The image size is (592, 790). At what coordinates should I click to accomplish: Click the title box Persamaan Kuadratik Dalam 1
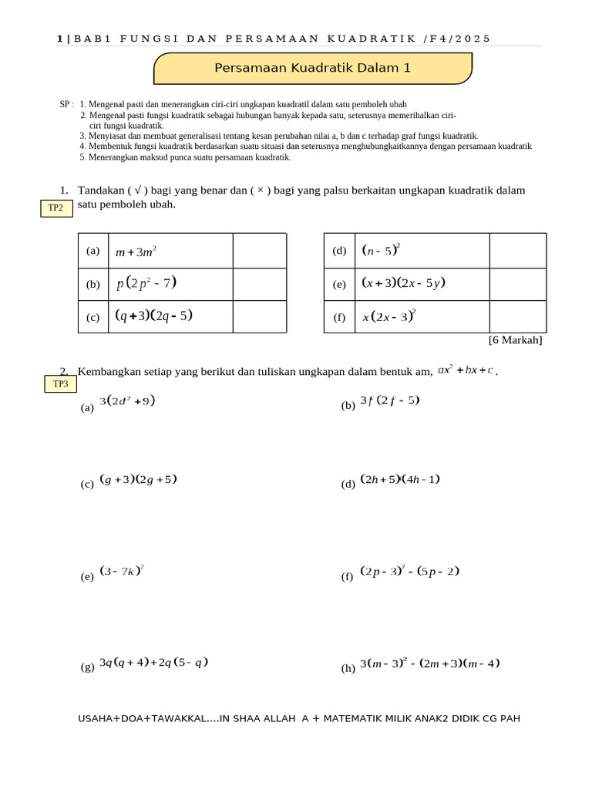312,69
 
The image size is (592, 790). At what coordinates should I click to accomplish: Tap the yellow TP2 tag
55,208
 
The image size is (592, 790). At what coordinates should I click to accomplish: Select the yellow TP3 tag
60,383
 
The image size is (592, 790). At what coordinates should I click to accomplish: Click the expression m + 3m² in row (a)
136,252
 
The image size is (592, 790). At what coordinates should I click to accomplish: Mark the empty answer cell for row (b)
259,284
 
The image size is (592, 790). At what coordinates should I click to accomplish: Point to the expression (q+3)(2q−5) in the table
153,316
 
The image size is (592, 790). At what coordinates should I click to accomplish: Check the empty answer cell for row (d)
517,251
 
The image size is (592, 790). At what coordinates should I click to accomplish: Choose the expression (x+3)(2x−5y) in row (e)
403,283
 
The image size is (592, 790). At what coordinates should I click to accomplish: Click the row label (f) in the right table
339,317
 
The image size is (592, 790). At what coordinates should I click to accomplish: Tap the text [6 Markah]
515,340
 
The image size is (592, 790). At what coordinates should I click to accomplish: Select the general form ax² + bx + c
466,370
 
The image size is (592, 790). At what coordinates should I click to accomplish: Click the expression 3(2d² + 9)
127,400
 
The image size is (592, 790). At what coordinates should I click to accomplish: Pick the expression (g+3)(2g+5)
138,479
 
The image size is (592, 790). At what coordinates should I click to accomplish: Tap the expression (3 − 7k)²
122,572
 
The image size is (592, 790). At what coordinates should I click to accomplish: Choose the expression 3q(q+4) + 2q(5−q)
154,662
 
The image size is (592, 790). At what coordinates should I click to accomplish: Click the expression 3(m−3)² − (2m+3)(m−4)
430,663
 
